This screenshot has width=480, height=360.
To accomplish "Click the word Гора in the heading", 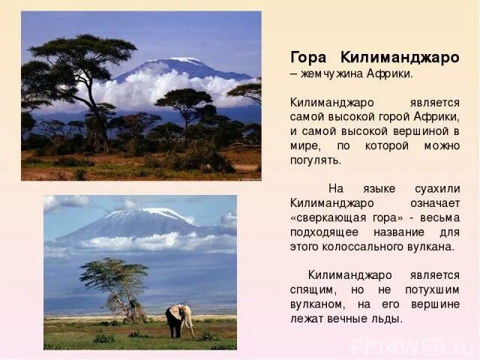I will (x=307, y=58).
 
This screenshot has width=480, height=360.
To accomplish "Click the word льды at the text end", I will (x=387, y=318).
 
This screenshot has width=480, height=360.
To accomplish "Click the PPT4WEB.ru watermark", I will (x=416, y=346).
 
